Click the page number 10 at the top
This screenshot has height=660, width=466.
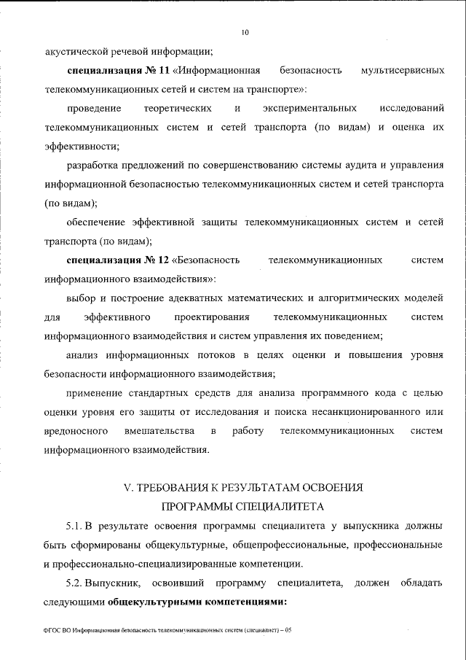click(244, 32)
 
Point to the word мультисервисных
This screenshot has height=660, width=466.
click(402, 71)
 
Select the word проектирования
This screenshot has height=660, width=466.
click(212, 317)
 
